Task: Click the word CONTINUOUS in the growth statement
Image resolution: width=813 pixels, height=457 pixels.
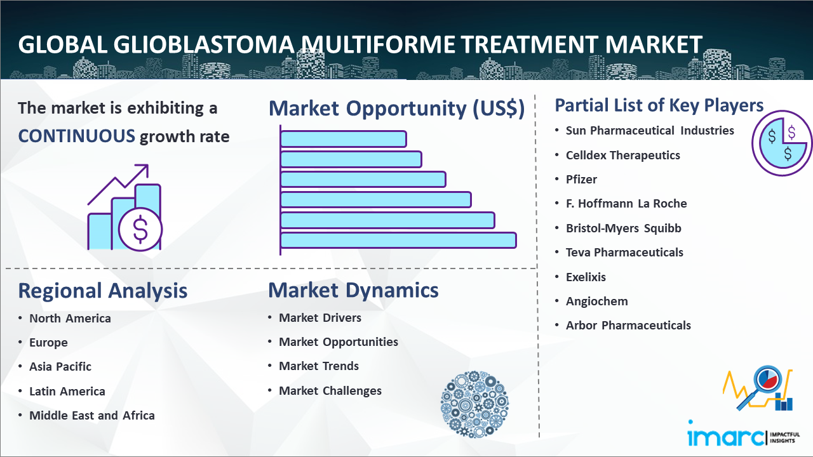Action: [x=77, y=136]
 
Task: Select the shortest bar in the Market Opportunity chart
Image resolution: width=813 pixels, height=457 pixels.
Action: [x=344, y=139]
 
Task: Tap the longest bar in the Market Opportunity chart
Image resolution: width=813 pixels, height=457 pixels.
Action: [x=398, y=241]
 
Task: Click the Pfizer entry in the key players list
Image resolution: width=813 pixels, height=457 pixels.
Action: [x=581, y=179]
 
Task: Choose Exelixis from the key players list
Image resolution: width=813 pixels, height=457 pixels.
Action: [x=586, y=277]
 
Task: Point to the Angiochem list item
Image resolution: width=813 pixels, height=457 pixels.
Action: [x=596, y=301]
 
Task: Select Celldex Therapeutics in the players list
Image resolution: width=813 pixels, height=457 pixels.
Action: [x=623, y=156]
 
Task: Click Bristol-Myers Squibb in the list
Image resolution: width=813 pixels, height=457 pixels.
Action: [x=624, y=228]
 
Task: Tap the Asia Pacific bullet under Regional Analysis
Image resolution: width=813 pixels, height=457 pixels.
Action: [x=60, y=367]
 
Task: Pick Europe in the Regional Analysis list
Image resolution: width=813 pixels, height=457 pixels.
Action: [x=48, y=343]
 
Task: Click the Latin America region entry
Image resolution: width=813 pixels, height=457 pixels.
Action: [x=67, y=392]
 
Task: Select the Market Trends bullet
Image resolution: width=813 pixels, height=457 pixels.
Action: [x=319, y=366]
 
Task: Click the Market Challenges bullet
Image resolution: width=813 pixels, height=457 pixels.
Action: [x=330, y=390]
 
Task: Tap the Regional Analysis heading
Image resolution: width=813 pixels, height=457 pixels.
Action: [x=103, y=291]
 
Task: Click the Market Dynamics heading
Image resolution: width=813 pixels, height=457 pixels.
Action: [x=353, y=290]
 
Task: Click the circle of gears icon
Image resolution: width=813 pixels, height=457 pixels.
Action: [x=474, y=404]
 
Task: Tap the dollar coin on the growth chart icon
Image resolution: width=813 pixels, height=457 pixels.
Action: [x=140, y=229]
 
